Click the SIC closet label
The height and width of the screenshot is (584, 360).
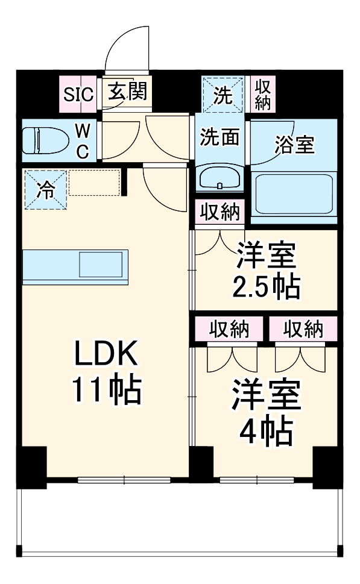79,93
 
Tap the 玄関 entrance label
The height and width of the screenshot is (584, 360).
127,92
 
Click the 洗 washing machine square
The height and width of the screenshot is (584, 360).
223,95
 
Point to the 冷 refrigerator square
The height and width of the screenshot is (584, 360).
45,190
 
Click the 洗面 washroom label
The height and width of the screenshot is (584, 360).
220,137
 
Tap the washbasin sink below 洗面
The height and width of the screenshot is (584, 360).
220,178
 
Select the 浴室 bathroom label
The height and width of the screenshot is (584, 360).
294,145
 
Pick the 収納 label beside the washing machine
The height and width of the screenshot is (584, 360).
262,94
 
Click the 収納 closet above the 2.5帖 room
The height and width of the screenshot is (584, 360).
219,213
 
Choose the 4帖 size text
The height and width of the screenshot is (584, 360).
266,430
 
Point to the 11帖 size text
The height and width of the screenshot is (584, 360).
107,390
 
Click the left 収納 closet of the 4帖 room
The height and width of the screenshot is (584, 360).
229,330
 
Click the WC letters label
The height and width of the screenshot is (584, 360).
83,141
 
